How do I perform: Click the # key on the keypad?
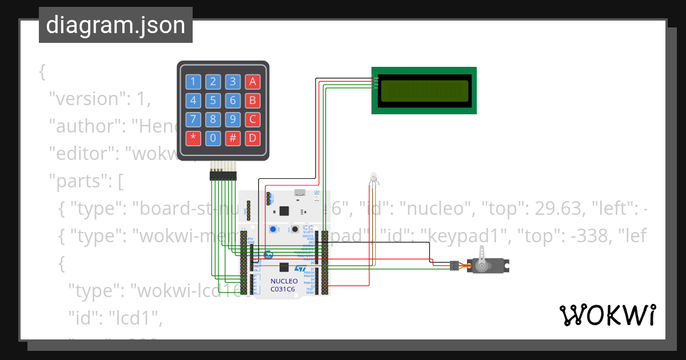[233, 138]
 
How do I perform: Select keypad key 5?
[213, 101]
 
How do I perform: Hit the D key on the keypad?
[252, 138]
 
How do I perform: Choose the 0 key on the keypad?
[213, 138]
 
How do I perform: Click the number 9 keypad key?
[233, 119]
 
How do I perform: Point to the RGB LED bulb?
[373, 178]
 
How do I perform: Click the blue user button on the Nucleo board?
[273, 229]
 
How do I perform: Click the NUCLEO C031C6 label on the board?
[284, 285]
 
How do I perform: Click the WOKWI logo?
[607, 315]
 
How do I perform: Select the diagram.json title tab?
[115, 26]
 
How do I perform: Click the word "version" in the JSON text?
[87, 99]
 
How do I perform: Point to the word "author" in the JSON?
[85, 126]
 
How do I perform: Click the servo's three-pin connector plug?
[454, 265]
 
